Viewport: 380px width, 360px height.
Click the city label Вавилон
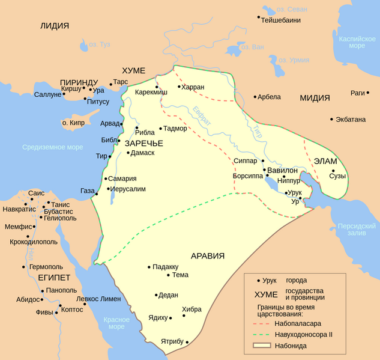pyautogui.click(x=282, y=170)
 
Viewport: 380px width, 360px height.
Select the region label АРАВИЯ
pyautogui.click(x=208, y=256)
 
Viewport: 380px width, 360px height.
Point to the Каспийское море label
pyautogui.click(x=357, y=41)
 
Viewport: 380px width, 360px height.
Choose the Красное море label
pyautogui.click(x=113, y=323)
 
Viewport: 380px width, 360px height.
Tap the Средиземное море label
pyautogui.click(x=53, y=147)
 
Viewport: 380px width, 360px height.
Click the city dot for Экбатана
pyautogui.click(x=332, y=119)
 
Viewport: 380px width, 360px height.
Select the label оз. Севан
pyautogui.click(x=291, y=10)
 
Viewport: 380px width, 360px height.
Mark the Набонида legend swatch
pyautogui.click(x=261, y=346)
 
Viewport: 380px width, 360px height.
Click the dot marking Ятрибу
pyautogui.click(x=187, y=342)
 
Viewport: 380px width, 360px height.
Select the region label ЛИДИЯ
pyautogui.click(x=54, y=26)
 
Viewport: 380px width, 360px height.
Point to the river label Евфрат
pyautogui.click(x=203, y=115)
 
